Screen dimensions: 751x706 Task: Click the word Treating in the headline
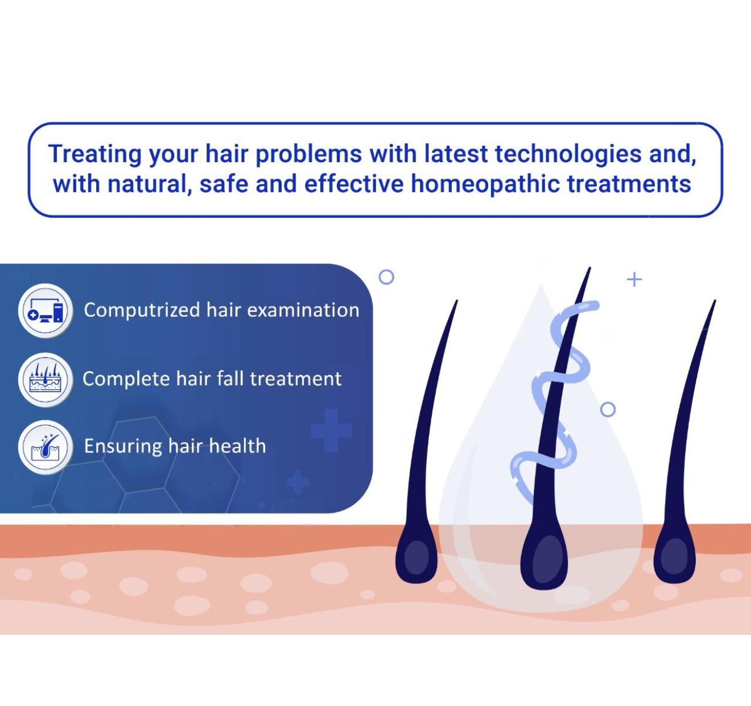(x=94, y=154)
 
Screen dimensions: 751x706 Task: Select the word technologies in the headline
(x=568, y=154)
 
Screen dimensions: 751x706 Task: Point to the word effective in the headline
(x=354, y=183)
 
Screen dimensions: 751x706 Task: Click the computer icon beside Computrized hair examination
(x=46, y=310)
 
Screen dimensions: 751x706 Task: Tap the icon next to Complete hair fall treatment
(x=46, y=380)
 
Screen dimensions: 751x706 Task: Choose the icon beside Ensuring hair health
(x=46, y=447)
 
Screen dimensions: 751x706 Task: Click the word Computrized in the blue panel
(x=142, y=310)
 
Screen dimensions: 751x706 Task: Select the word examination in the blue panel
(x=303, y=310)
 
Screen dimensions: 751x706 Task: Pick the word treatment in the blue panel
(x=296, y=379)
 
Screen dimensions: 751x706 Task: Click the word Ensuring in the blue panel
(x=122, y=446)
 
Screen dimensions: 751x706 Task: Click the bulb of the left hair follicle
(x=416, y=556)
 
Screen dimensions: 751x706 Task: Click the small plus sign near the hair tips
(x=634, y=280)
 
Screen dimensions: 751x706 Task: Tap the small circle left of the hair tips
(x=386, y=277)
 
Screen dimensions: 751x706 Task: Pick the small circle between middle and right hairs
(x=608, y=409)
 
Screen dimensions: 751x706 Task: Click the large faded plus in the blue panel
(x=331, y=431)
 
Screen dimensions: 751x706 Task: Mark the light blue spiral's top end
(x=596, y=305)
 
